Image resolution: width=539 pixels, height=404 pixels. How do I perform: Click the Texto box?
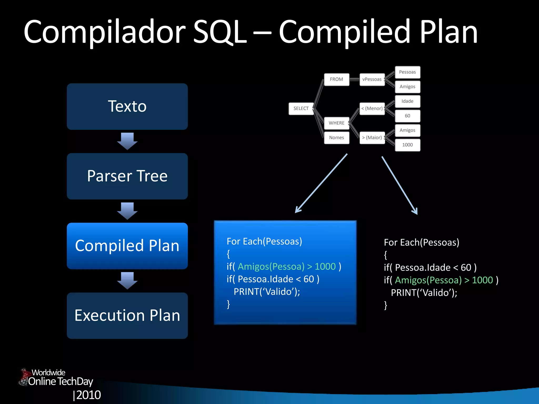click(x=127, y=107)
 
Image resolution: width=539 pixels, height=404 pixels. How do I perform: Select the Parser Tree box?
click(x=127, y=176)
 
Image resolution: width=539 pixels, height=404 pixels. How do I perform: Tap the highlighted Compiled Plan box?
click(x=127, y=246)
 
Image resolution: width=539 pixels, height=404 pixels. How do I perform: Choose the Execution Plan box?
click(x=127, y=316)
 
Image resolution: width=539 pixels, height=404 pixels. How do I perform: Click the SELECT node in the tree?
click(x=301, y=109)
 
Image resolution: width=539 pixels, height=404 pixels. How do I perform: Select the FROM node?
click(x=336, y=79)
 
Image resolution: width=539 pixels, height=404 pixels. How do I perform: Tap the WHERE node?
click(x=336, y=123)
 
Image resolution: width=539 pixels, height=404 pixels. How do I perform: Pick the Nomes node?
click(x=336, y=138)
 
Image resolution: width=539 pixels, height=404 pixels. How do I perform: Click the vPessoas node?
click(x=372, y=79)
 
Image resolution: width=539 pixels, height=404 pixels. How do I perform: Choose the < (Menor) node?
click(x=372, y=109)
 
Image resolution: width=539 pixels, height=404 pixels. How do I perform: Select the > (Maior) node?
click(x=372, y=138)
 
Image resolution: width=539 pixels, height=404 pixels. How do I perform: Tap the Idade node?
click(x=407, y=101)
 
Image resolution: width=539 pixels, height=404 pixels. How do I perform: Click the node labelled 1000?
click(x=407, y=145)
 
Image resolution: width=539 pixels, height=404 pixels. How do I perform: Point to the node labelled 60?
click(x=407, y=116)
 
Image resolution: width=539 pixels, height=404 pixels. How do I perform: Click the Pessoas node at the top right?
click(x=407, y=72)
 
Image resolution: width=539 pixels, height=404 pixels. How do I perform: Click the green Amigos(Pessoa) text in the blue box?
click(x=271, y=266)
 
